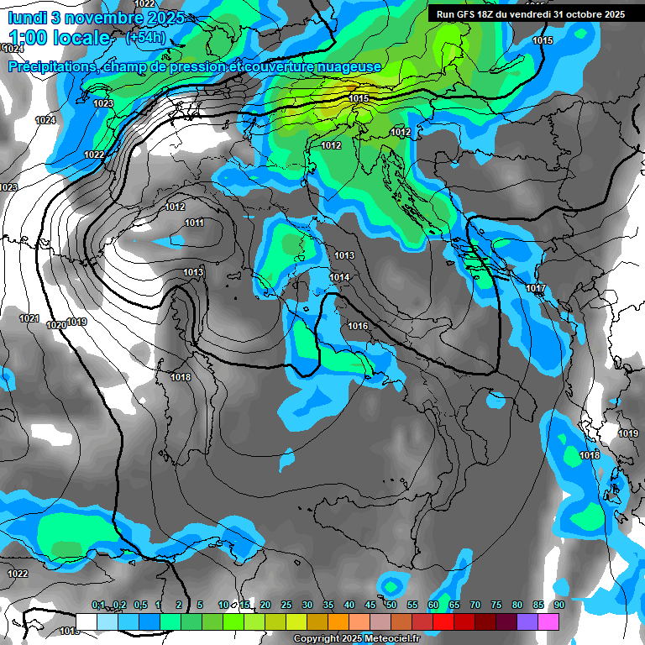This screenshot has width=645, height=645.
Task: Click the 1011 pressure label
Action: [x=194, y=223]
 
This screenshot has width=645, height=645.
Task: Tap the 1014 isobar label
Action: [x=339, y=277]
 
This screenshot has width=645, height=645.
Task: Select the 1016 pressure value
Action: [x=358, y=326]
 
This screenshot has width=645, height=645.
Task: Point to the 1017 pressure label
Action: [x=536, y=289]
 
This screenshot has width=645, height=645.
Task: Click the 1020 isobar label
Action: [x=56, y=325]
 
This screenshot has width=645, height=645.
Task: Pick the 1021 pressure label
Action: [x=29, y=318]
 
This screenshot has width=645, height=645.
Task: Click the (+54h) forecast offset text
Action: [x=144, y=38]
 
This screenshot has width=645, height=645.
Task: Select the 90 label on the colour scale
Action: [x=558, y=606]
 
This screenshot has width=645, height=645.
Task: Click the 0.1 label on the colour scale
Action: [x=98, y=606]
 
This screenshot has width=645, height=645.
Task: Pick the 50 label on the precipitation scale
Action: [x=391, y=606]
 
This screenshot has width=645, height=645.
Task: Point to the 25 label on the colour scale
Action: [x=286, y=606]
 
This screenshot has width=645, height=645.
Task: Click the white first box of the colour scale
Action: [x=87, y=621]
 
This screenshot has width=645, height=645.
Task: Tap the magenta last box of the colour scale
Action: [x=548, y=621]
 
